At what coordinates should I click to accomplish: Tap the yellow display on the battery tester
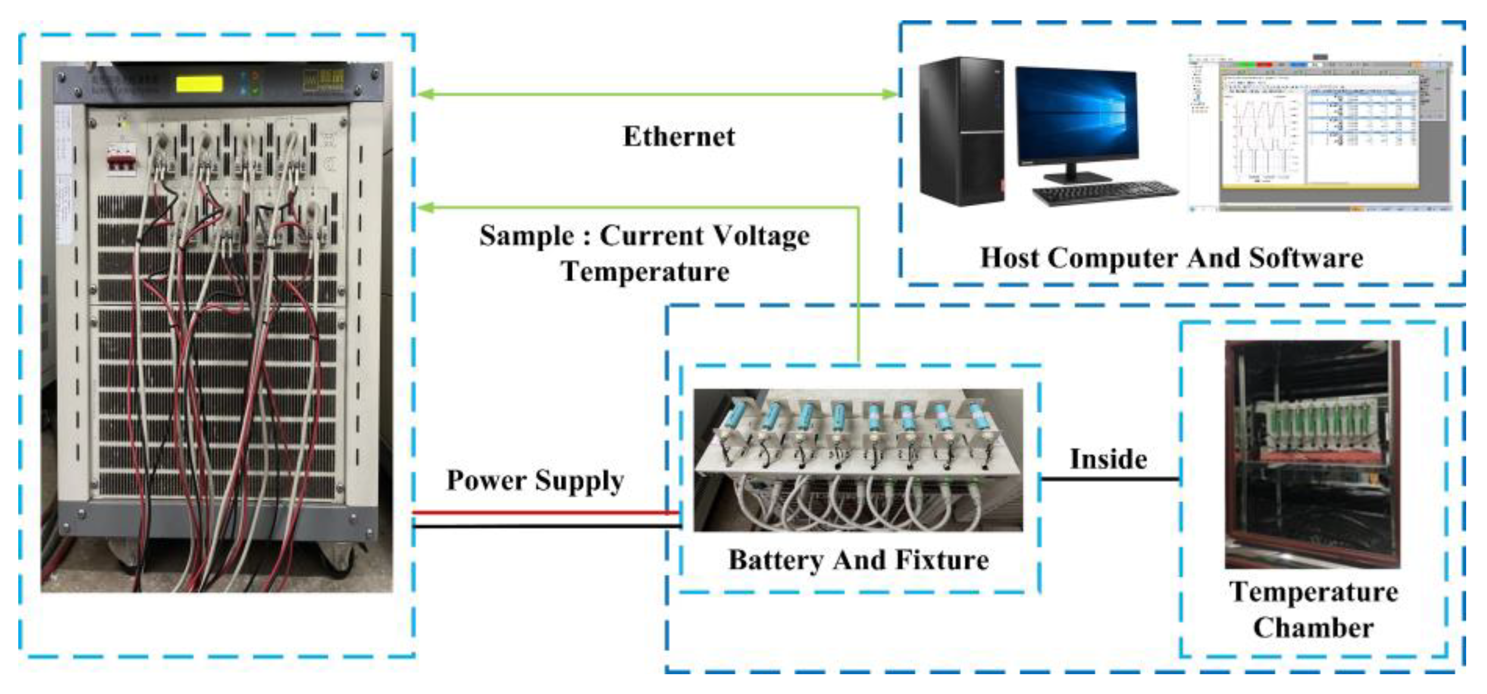[x=199, y=84]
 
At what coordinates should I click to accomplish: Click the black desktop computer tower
[x=961, y=131]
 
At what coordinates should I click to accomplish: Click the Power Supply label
[x=535, y=481]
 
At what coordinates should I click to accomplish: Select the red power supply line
[x=546, y=512]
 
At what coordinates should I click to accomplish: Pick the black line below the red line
[x=546, y=526]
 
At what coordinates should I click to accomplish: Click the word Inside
[x=1108, y=460]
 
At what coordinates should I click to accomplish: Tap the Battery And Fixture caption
[x=858, y=560]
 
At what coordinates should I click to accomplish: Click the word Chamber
[x=1313, y=628]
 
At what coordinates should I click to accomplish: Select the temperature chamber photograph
[x=1312, y=454]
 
